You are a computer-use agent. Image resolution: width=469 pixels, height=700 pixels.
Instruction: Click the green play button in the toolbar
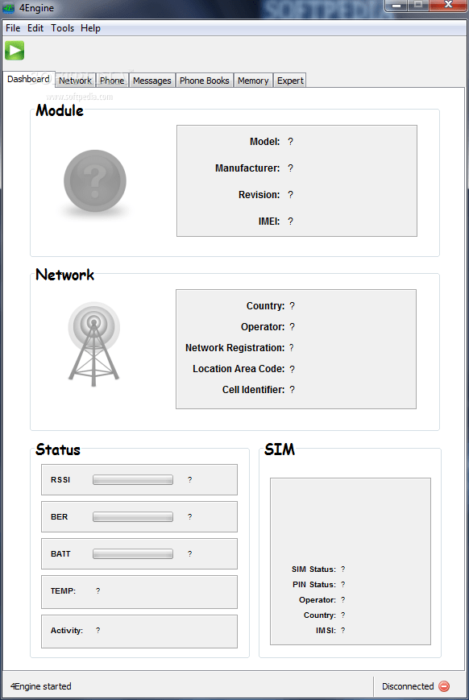click(x=15, y=51)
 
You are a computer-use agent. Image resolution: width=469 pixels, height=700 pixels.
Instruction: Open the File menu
click(x=13, y=28)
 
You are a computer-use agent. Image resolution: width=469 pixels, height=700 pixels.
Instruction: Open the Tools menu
click(x=63, y=28)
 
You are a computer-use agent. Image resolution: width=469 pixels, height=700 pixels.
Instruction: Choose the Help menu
click(x=91, y=28)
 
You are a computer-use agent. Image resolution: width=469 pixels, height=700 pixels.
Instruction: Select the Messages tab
click(x=151, y=81)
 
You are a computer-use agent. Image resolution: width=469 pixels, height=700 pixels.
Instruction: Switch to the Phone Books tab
click(x=204, y=81)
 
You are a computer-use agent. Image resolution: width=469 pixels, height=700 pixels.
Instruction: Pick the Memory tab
click(x=253, y=81)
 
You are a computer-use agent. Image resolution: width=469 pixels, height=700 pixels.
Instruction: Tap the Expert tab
click(x=290, y=81)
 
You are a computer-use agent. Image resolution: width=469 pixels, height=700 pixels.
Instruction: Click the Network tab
click(x=75, y=81)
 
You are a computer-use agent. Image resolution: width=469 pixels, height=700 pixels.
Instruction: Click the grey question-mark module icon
click(x=95, y=180)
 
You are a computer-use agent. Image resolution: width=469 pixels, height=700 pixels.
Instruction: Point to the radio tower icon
click(x=93, y=344)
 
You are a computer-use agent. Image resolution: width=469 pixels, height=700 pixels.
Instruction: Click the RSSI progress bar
click(x=133, y=480)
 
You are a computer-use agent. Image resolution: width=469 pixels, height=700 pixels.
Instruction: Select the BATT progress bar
click(x=133, y=554)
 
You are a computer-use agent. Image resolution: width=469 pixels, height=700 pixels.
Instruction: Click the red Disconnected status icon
click(x=444, y=686)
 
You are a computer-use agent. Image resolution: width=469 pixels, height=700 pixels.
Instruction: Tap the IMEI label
click(x=269, y=222)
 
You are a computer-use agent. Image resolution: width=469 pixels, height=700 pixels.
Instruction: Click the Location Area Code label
click(x=239, y=369)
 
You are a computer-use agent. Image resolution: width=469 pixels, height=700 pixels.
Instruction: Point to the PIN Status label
click(x=314, y=584)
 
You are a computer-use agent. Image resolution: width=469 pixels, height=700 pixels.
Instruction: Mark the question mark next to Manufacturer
click(x=290, y=168)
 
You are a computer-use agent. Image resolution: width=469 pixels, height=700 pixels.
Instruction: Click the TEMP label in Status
click(x=63, y=591)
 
